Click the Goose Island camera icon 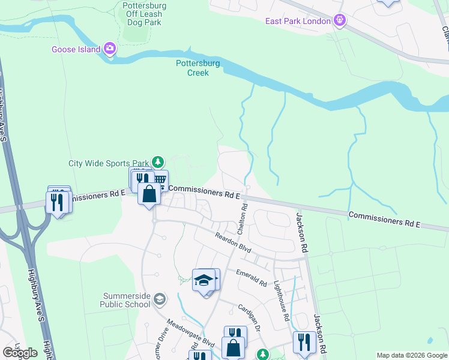coord(109,49)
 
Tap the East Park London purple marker coord(340,21)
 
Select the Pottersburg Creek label coord(197,68)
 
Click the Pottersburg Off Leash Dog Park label coord(144,14)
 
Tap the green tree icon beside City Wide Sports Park coord(157,162)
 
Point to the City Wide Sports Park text coord(108,163)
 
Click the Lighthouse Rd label coord(281,301)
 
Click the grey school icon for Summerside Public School coord(159,299)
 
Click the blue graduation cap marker coord(204,280)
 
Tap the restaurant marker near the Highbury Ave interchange coord(58,202)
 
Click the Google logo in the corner coord(20,353)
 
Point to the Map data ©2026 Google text coord(412,355)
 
